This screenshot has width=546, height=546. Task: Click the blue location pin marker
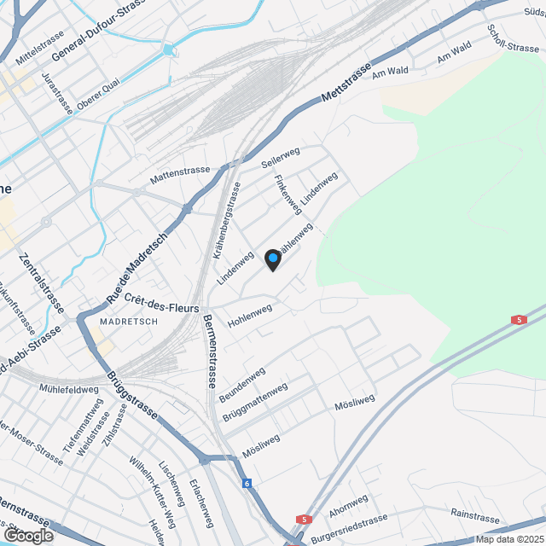[272, 258]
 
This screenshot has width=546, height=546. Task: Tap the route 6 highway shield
[247, 484]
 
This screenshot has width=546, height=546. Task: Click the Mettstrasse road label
[347, 84]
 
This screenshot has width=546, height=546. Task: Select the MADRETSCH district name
[129, 322]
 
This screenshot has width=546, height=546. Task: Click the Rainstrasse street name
[474, 517]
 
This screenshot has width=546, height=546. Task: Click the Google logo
[27, 535]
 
